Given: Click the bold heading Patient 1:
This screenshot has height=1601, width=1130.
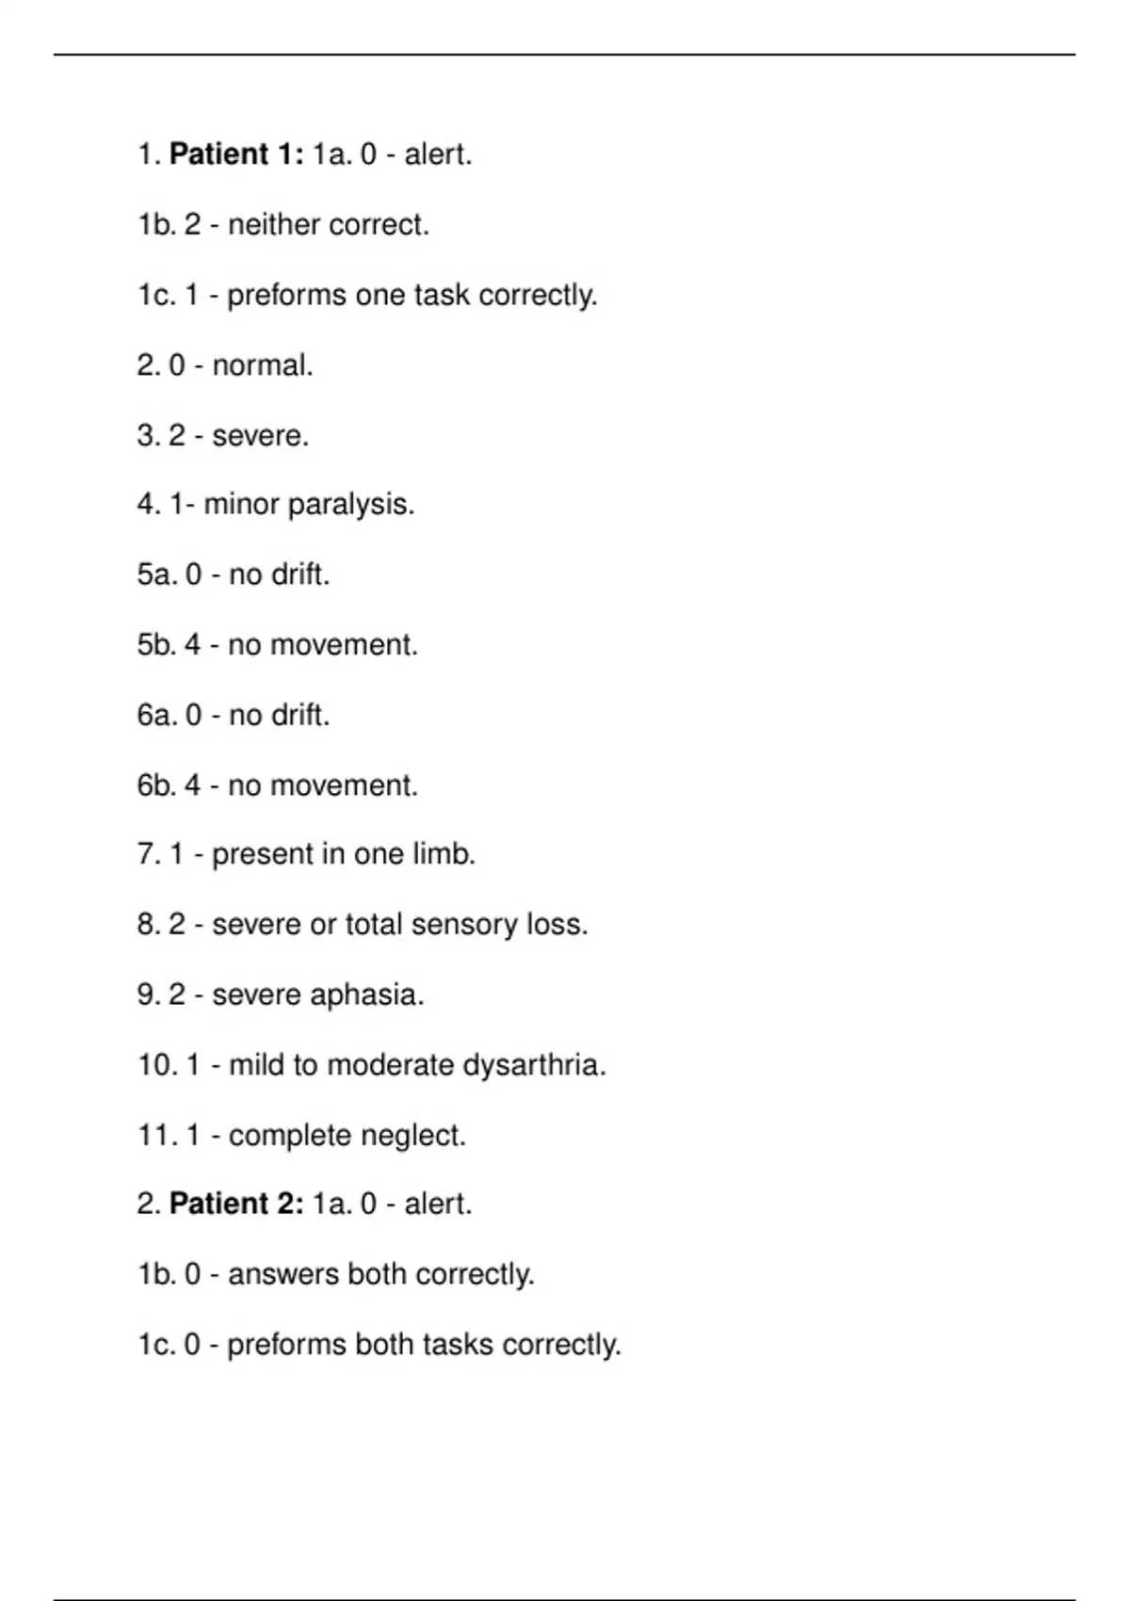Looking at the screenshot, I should (236, 154).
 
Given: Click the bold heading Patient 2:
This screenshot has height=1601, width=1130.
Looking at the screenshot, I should (236, 1204).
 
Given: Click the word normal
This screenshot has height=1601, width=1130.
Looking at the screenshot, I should (262, 365).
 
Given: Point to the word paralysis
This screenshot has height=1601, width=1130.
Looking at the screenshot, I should (350, 506).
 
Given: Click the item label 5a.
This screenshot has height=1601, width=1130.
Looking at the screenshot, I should (156, 574).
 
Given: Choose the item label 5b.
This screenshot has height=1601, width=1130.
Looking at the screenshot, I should (156, 645).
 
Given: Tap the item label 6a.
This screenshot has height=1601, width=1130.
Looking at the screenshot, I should (156, 716).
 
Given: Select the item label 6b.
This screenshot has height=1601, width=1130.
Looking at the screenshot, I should (156, 785).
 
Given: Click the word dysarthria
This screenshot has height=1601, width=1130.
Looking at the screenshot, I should (534, 1065).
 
